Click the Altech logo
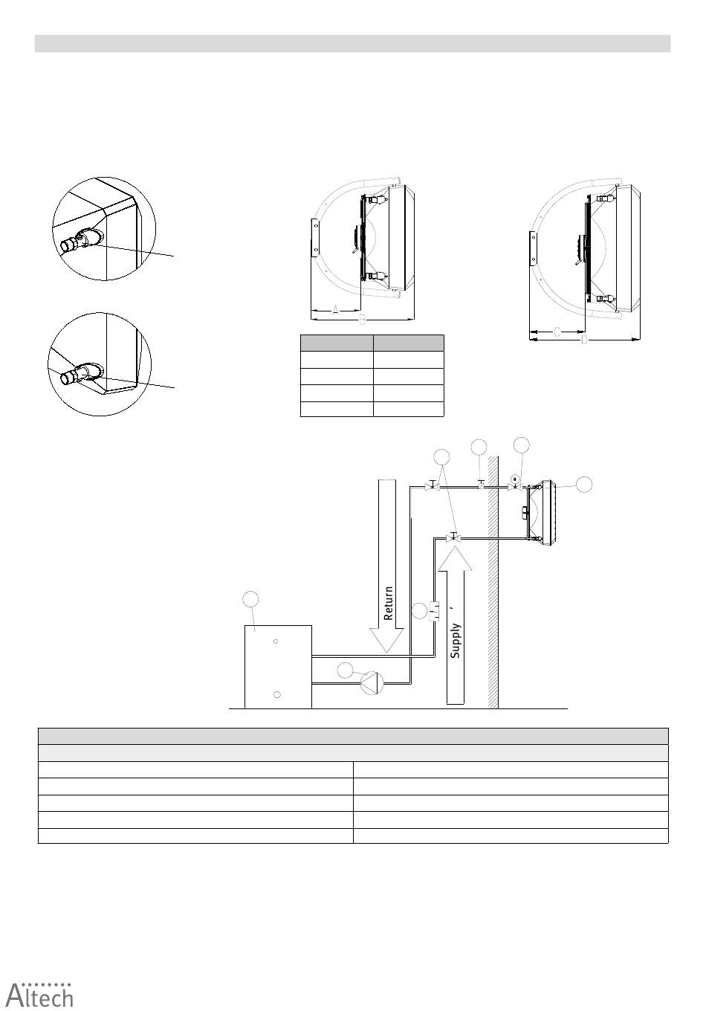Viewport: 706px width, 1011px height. [39, 994]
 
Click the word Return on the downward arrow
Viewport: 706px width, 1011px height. [388, 603]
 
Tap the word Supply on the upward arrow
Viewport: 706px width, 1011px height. [455, 641]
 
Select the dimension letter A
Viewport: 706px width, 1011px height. [335, 310]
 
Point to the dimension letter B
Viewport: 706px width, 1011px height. [362, 320]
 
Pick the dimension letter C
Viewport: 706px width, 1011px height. [557, 332]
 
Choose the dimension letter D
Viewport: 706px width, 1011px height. [584, 339]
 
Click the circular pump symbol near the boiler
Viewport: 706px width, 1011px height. [372, 682]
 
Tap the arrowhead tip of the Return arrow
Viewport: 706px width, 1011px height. [386, 653]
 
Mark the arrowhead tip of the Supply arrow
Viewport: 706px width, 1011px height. [456, 546]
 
